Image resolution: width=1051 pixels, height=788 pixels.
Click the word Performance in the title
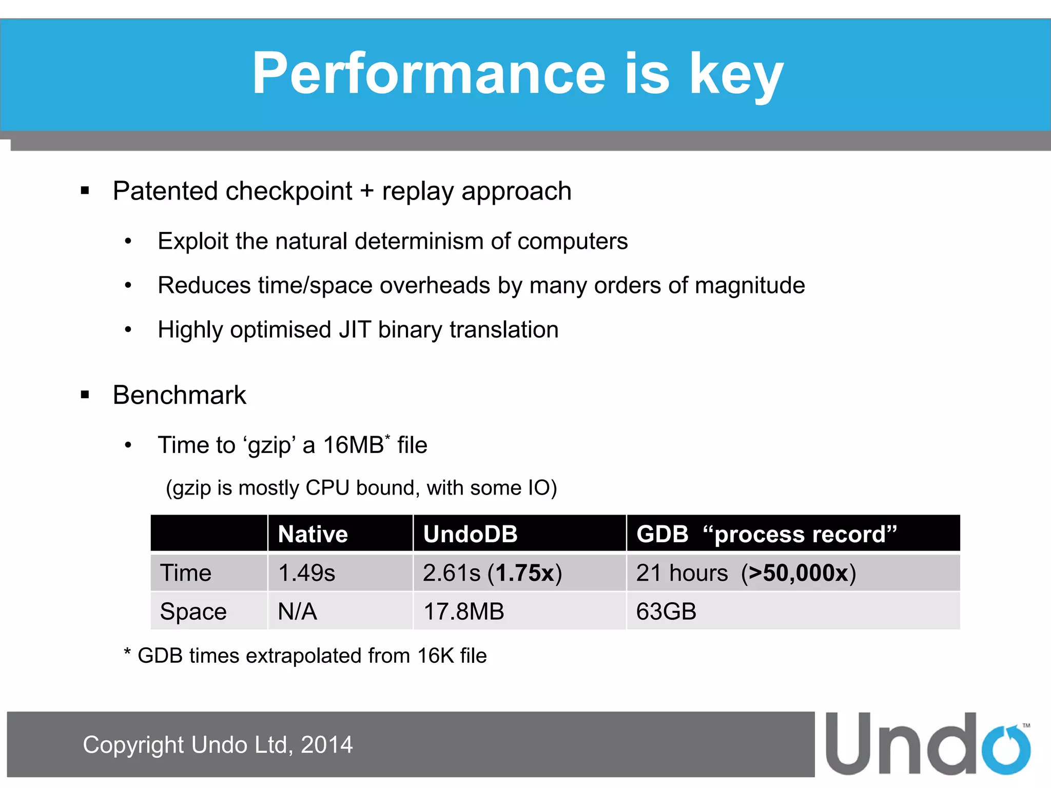click(429, 74)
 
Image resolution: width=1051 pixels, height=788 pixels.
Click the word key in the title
click(736, 77)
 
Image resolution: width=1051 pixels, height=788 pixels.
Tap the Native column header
click(313, 534)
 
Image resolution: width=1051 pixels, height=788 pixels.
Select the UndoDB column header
click(470, 534)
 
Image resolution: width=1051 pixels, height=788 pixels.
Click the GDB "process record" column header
click(766, 534)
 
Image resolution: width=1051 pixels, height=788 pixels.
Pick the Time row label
click(185, 573)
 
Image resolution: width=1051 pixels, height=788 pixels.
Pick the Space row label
click(193, 612)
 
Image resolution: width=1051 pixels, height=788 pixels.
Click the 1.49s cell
click(306, 573)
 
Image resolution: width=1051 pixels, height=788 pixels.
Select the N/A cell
click(297, 612)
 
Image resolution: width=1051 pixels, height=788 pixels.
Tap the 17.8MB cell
click(463, 612)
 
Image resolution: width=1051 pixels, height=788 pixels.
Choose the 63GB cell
click(666, 612)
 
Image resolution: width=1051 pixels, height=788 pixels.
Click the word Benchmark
click(179, 395)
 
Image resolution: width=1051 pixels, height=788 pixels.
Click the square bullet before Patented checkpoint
click(85, 191)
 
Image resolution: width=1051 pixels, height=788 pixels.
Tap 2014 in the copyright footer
click(326, 745)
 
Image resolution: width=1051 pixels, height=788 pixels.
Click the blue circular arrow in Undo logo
click(1006, 749)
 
